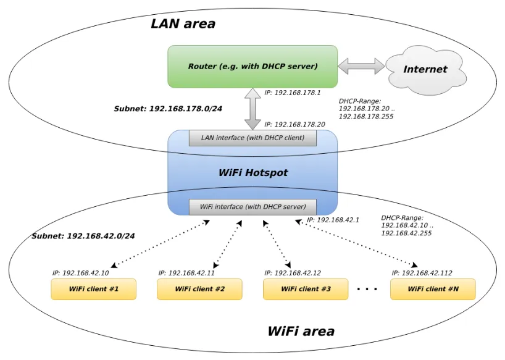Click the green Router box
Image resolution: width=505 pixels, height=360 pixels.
point(252,66)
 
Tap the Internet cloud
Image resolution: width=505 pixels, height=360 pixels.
point(425,69)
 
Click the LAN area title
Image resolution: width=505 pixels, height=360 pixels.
point(183,24)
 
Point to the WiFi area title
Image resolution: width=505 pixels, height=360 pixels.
point(301,331)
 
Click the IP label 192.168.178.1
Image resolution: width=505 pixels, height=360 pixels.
point(293,93)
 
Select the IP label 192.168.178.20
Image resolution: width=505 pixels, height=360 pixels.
point(294,124)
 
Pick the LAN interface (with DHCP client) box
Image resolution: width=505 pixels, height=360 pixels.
point(252,138)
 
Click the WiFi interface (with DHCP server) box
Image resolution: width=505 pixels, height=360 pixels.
point(252,207)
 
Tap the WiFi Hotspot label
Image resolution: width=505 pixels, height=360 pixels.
point(253,173)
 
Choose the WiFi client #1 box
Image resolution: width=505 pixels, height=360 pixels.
point(93,289)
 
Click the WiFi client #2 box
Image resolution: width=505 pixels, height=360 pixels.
point(199,289)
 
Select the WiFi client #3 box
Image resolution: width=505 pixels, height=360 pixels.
point(306,289)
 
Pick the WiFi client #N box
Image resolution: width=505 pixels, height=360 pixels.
point(433,289)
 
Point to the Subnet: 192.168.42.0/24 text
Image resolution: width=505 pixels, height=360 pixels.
point(83,236)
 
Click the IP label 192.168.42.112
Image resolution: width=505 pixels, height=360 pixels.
point(422,273)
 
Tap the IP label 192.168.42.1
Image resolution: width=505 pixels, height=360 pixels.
point(333,220)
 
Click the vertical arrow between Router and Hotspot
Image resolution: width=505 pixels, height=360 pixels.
point(253,109)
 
